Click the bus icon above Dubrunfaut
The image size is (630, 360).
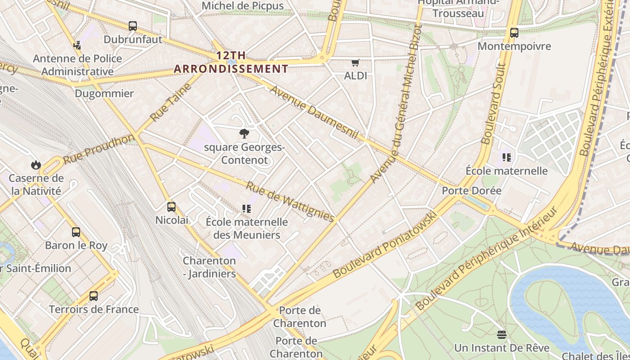pos(133,26)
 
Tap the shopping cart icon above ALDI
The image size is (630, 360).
pos(355,63)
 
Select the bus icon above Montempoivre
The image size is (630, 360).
pos(514,33)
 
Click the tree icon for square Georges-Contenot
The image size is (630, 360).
pos(244,134)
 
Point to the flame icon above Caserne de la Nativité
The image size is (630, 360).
pos(36,165)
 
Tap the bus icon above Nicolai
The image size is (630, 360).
pos(171,207)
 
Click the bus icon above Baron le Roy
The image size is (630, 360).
pos(76,232)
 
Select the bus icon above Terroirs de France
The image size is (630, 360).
pos(94,296)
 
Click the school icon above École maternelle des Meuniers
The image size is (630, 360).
pos(247,209)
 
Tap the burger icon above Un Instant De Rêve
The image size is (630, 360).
pos(502,334)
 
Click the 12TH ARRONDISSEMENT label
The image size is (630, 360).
pos(231,62)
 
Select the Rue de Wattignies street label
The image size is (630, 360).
pos(290,202)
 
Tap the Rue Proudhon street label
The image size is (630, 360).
pos(99,149)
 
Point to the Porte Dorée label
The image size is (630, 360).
pos(471,190)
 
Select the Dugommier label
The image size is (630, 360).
pos(104,94)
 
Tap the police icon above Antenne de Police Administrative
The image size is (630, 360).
pos(77,45)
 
